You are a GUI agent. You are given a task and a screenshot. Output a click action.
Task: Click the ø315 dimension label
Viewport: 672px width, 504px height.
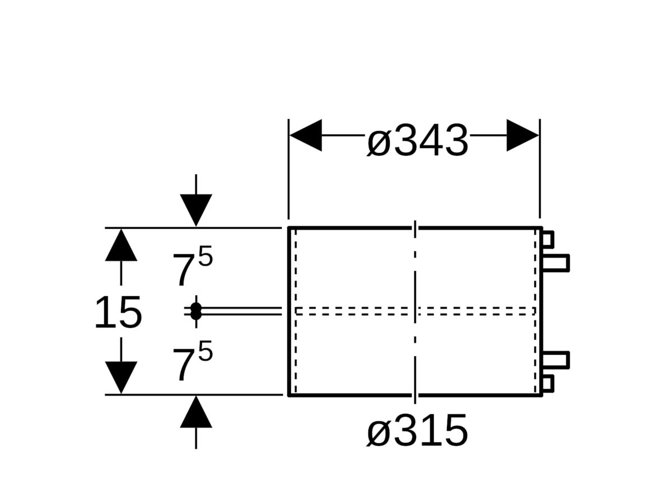[417, 430]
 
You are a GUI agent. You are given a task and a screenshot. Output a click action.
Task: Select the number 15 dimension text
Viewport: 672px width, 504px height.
[118, 312]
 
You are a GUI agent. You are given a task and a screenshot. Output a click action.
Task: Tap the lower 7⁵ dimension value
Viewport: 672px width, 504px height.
[192, 361]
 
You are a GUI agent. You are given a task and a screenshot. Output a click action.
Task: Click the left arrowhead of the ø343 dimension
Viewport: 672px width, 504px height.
[306, 135]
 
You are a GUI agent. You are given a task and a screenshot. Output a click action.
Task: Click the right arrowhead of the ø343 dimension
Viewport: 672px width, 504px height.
[522, 135]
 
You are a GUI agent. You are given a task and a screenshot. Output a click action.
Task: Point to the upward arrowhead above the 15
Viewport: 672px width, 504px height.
[121, 245]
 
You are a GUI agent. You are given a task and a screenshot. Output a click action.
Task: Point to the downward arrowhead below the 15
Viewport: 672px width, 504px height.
[121, 377]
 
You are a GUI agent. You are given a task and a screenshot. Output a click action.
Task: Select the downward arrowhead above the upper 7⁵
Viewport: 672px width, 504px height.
[196, 210]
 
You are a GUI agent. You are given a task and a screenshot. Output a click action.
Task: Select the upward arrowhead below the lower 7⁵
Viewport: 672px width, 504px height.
[196, 412]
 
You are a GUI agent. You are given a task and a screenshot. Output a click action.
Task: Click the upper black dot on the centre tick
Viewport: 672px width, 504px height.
[196, 307]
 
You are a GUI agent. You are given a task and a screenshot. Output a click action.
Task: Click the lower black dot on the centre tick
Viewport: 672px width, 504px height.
[196, 315]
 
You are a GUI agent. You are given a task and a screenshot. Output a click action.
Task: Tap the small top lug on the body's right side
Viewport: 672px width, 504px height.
[548, 240]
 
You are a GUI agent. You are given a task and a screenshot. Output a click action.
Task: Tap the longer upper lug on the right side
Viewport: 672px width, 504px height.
[556, 263]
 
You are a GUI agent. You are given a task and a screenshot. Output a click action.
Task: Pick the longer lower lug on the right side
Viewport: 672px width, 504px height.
[556, 360]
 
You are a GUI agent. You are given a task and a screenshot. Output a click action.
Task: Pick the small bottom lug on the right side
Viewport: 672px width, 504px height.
[548, 384]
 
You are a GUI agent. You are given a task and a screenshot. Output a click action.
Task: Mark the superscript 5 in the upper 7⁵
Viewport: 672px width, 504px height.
[206, 256]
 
